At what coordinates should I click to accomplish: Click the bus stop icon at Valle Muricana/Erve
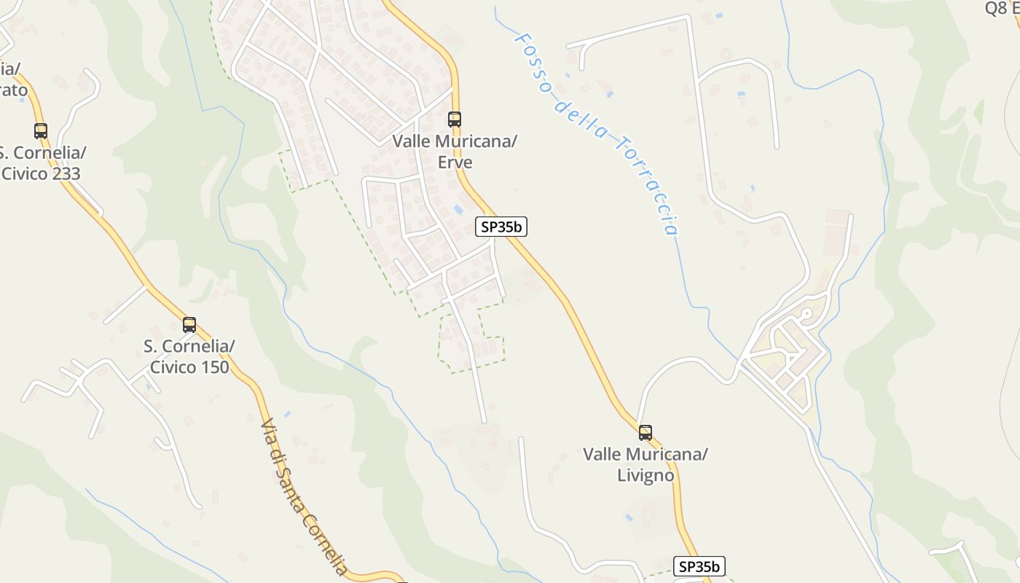point(455,119)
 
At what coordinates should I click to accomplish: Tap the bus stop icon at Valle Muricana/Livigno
point(646,433)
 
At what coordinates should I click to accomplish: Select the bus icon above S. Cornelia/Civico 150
point(189,325)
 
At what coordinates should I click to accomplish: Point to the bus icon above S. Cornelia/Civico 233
point(41,131)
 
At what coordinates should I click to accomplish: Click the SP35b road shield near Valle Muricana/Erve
point(501,227)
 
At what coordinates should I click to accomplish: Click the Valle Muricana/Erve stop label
point(455,152)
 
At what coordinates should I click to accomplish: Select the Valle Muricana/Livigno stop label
point(646,465)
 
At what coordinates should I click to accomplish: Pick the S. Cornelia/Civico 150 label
point(189,356)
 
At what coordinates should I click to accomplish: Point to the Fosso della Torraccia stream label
point(597,131)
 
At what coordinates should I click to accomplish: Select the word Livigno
point(646,476)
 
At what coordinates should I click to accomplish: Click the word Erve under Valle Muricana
point(455,163)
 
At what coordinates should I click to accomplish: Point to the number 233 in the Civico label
point(64,174)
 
